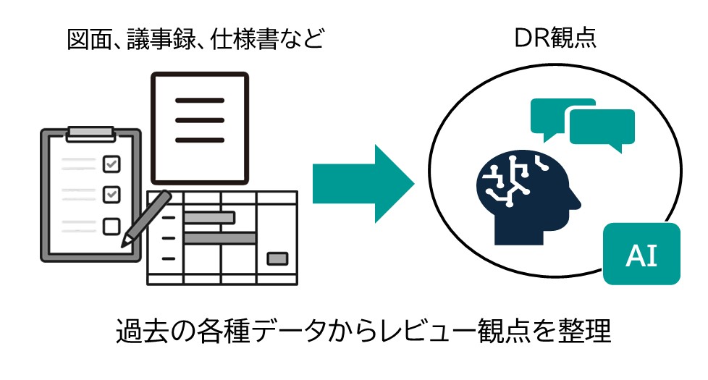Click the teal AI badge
click(x=641, y=253)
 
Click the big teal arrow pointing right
click(x=363, y=184)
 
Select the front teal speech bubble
click(x=602, y=129)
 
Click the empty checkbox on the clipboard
click(x=111, y=226)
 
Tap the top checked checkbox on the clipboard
click(x=111, y=164)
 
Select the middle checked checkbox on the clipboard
click(x=111, y=195)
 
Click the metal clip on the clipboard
click(x=90, y=134)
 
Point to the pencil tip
click(x=122, y=246)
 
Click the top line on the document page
click(x=200, y=100)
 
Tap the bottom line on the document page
click(x=200, y=140)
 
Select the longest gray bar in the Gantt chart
click(x=220, y=238)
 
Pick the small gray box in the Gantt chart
click(x=277, y=258)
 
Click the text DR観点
click(x=555, y=38)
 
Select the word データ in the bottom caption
click(x=287, y=331)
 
